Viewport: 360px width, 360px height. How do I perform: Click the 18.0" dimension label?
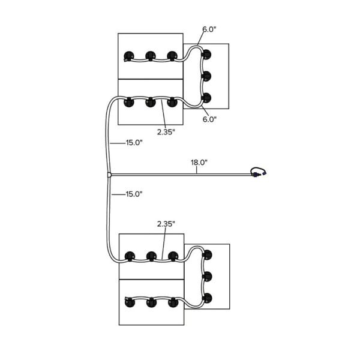[x=199, y=163]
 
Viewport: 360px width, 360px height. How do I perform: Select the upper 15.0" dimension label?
[x=134, y=143]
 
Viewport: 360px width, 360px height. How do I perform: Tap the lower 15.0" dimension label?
[x=134, y=194]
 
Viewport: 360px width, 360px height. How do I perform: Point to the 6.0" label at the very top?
[x=209, y=29]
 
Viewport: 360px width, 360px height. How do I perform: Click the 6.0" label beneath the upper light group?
[x=209, y=119]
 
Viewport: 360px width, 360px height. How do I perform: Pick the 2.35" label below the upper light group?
[x=166, y=132]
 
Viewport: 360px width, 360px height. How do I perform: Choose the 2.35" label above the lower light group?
[x=166, y=224]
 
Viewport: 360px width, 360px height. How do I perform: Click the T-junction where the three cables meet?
[x=109, y=175]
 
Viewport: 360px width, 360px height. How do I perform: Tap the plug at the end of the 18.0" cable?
[x=259, y=172]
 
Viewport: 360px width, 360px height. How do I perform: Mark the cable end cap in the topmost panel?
[x=125, y=61]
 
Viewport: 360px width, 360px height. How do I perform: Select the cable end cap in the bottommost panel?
[x=127, y=299]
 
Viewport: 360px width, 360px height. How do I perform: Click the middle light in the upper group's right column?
[x=206, y=76]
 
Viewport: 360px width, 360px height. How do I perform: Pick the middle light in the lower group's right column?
[x=208, y=277]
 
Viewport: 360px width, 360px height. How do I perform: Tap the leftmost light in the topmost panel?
[x=129, y=56]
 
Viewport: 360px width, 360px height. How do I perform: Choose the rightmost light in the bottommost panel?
[x=173, y=302]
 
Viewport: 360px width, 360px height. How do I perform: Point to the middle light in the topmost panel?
[x=151, y=56]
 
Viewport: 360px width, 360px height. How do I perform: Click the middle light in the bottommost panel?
[x=152, y=302]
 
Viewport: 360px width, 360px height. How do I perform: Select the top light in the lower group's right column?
[x=208, y=255]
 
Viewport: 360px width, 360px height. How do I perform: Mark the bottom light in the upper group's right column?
[x=206, y=98]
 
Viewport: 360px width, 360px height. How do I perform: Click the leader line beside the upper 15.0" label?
[x=118, y=143]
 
